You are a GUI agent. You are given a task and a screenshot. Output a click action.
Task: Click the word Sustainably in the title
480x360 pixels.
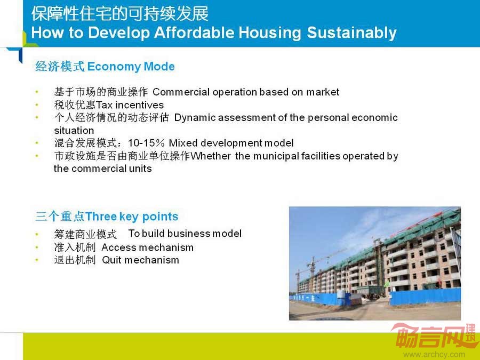(x=351, y=33)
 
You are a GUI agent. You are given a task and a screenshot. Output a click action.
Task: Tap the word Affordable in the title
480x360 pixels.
(x=194, y=33)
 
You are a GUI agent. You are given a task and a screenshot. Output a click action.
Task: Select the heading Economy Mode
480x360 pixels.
(x=131, y=67)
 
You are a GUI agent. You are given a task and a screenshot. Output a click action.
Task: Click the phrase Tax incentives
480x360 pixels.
(x=130, y=105)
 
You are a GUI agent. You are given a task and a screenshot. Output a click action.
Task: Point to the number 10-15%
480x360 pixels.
(x=146, y=143)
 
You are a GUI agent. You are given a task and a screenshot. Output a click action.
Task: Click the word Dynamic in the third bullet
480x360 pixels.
(x=195, y=118)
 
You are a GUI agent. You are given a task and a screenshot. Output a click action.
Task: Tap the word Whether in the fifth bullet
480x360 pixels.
(x=211, y=156)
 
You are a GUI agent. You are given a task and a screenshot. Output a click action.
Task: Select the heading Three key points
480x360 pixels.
(x=132, y=217)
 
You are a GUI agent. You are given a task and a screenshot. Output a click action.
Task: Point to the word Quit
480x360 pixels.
(x=112, y=260)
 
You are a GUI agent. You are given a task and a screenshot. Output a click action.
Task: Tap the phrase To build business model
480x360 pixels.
(x=185, y=234)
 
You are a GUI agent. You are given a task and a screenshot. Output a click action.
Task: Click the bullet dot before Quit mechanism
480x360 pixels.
(x=37, y=260)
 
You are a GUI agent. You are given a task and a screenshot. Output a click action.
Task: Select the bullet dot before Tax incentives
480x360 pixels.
(x=37, y=105)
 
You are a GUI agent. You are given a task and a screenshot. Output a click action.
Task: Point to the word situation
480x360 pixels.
(x=74, y=131)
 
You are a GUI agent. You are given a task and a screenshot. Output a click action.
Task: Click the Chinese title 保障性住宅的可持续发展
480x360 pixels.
(x=119, y=14)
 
